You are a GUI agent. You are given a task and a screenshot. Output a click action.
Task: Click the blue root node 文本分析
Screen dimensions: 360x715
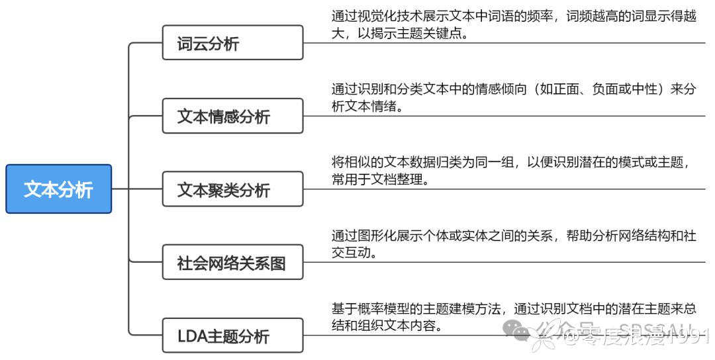pyautogui.click(x=58, y=189)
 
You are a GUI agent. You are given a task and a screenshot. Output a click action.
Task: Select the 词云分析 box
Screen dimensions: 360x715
pyautogui.click(x=232, y=43)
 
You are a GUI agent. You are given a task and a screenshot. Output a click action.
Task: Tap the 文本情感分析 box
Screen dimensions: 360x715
pyautogui.click(x=232, y=116)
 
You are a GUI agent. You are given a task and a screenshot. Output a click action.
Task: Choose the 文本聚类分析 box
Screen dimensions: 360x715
pyautogui.click(x=232, y=189)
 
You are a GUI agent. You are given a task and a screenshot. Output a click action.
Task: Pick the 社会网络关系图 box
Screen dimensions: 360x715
pyautogui.click(x=232, y=263)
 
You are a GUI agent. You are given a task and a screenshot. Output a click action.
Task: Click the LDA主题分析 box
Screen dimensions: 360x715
pyautogui.click(x=232, y=336)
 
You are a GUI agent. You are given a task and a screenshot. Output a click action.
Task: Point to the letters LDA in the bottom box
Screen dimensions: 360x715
pyautogui.click(x=193, y=336)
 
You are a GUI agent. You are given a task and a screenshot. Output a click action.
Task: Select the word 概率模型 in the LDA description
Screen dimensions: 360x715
pyautogui.click(x=398, y=308)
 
